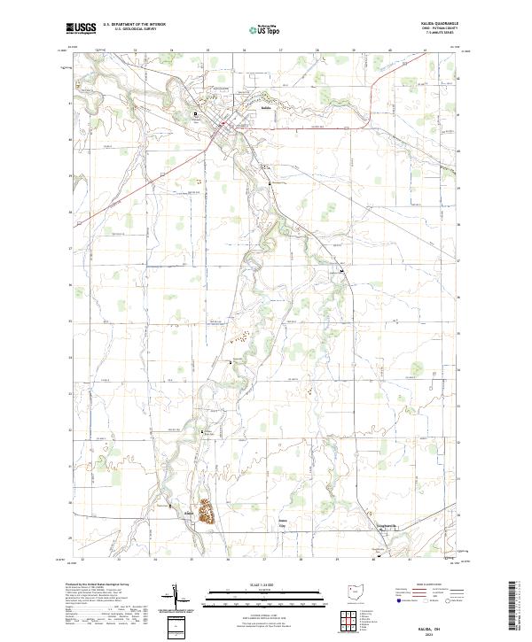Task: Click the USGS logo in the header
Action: [82, 28]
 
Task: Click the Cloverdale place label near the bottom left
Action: [188, 511]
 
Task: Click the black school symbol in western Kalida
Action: [197, 112]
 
